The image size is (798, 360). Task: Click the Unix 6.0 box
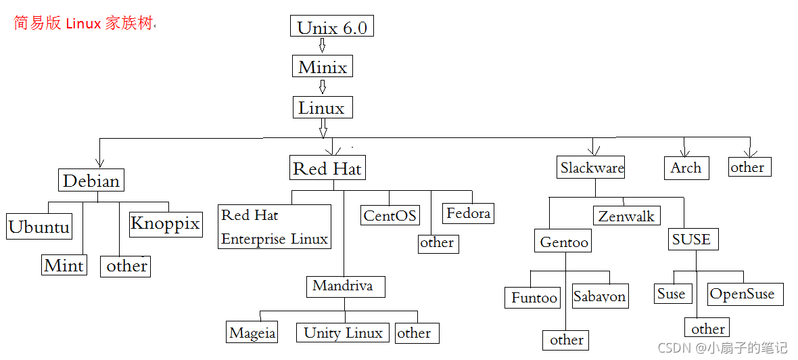[332, 27]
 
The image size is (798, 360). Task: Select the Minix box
[323, 67]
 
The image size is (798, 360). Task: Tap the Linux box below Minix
[322, 108]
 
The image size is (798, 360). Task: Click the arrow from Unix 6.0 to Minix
[323, 46]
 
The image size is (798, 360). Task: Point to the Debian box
[91, 181]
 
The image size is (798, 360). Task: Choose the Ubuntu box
[39, 227]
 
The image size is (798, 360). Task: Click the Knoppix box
[165, 223]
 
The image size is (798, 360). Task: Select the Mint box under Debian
[64, 265]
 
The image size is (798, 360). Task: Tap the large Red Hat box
[327, 168]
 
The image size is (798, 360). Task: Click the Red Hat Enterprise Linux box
[275, 227]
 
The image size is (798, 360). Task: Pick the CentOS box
[390, 215]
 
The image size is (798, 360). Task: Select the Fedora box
[468, 213]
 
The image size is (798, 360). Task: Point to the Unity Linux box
[343, 332]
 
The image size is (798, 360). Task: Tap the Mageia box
[252, 333]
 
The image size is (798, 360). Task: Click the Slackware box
[592, 168]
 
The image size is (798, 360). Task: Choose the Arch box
[686, 168]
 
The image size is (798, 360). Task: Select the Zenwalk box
[627, 216]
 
